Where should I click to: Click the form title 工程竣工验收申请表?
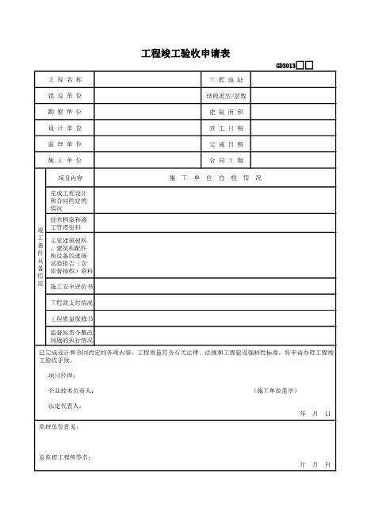[185, 54]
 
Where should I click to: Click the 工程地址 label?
[227, 81]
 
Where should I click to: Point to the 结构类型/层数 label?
[227, 96]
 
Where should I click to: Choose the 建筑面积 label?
[227, 112]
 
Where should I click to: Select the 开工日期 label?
[227, 128]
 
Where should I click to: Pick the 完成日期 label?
[227, 144]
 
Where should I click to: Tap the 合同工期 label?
[227, 160]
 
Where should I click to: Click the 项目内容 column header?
[71, 177]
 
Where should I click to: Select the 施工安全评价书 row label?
[71, 286]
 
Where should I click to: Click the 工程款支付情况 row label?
[71, 303]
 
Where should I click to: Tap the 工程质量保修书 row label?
[71, 319]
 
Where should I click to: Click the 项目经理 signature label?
[61, 375]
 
